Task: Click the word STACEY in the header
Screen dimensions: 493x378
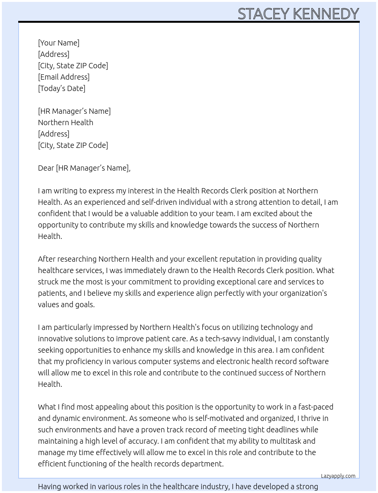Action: click(264, 14)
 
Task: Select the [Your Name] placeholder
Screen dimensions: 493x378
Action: click(58, 43)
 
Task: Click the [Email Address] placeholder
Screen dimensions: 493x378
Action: click(64, 77)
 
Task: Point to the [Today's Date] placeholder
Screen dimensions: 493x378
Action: click(61, 88)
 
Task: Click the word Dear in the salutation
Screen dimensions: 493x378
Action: click(46, 168)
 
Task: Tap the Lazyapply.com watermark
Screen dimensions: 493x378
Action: click(338, 476)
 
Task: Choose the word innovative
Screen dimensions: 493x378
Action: click(56, 339)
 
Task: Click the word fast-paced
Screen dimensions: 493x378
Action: click(315, 407)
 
